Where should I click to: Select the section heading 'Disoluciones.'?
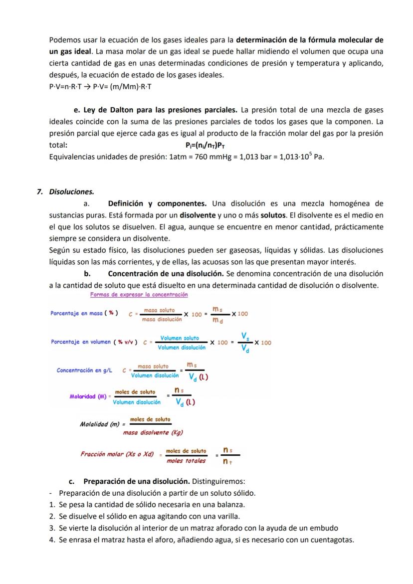(x=71, y=192)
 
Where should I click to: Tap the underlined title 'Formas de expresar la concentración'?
(x=139, y=295)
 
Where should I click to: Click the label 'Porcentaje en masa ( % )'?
(x=84, y=313)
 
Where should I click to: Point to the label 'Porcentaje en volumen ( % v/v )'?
(x=94, y=342)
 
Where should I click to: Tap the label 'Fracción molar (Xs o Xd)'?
(x=117, y=454)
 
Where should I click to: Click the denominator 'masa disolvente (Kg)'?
(x=153, y=432)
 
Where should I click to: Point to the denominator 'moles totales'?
(x=186, y=461)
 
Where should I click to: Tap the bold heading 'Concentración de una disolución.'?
(x=166, y=274)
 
